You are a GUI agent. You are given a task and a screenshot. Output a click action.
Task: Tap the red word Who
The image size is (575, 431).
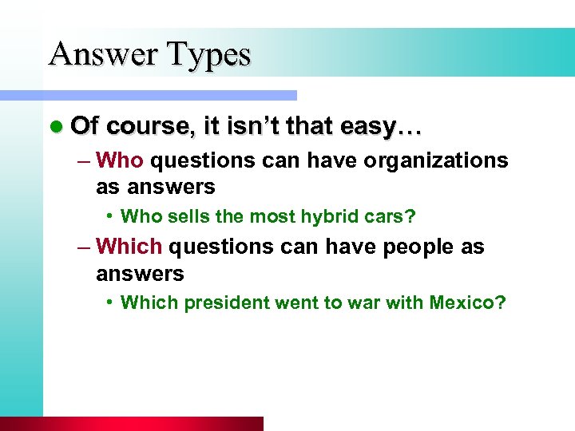[x=119, y=160]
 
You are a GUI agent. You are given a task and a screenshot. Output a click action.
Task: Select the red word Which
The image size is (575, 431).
[x=129, y=247]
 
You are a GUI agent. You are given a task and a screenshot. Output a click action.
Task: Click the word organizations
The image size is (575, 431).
[x=435, y=160]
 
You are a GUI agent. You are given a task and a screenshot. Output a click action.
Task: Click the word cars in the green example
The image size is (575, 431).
[x=395, y=216]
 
